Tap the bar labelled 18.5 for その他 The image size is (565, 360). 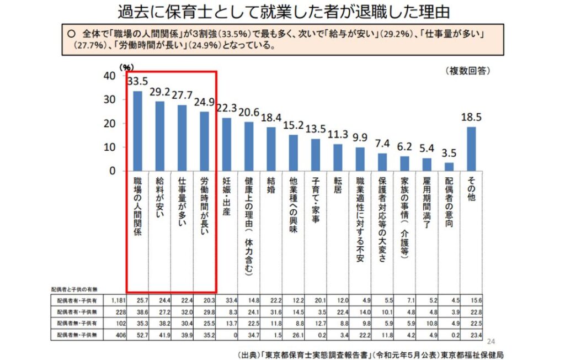coord(471,149)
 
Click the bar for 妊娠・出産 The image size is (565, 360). coord(226,144)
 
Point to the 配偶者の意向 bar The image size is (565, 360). coord(449,167)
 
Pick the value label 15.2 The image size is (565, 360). coord(293,126)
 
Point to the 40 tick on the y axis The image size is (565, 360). coord(110,76)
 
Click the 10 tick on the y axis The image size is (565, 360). coord(110,147)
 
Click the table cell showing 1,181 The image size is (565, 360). coord(119,300)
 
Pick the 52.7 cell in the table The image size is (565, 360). coord(143,333)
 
